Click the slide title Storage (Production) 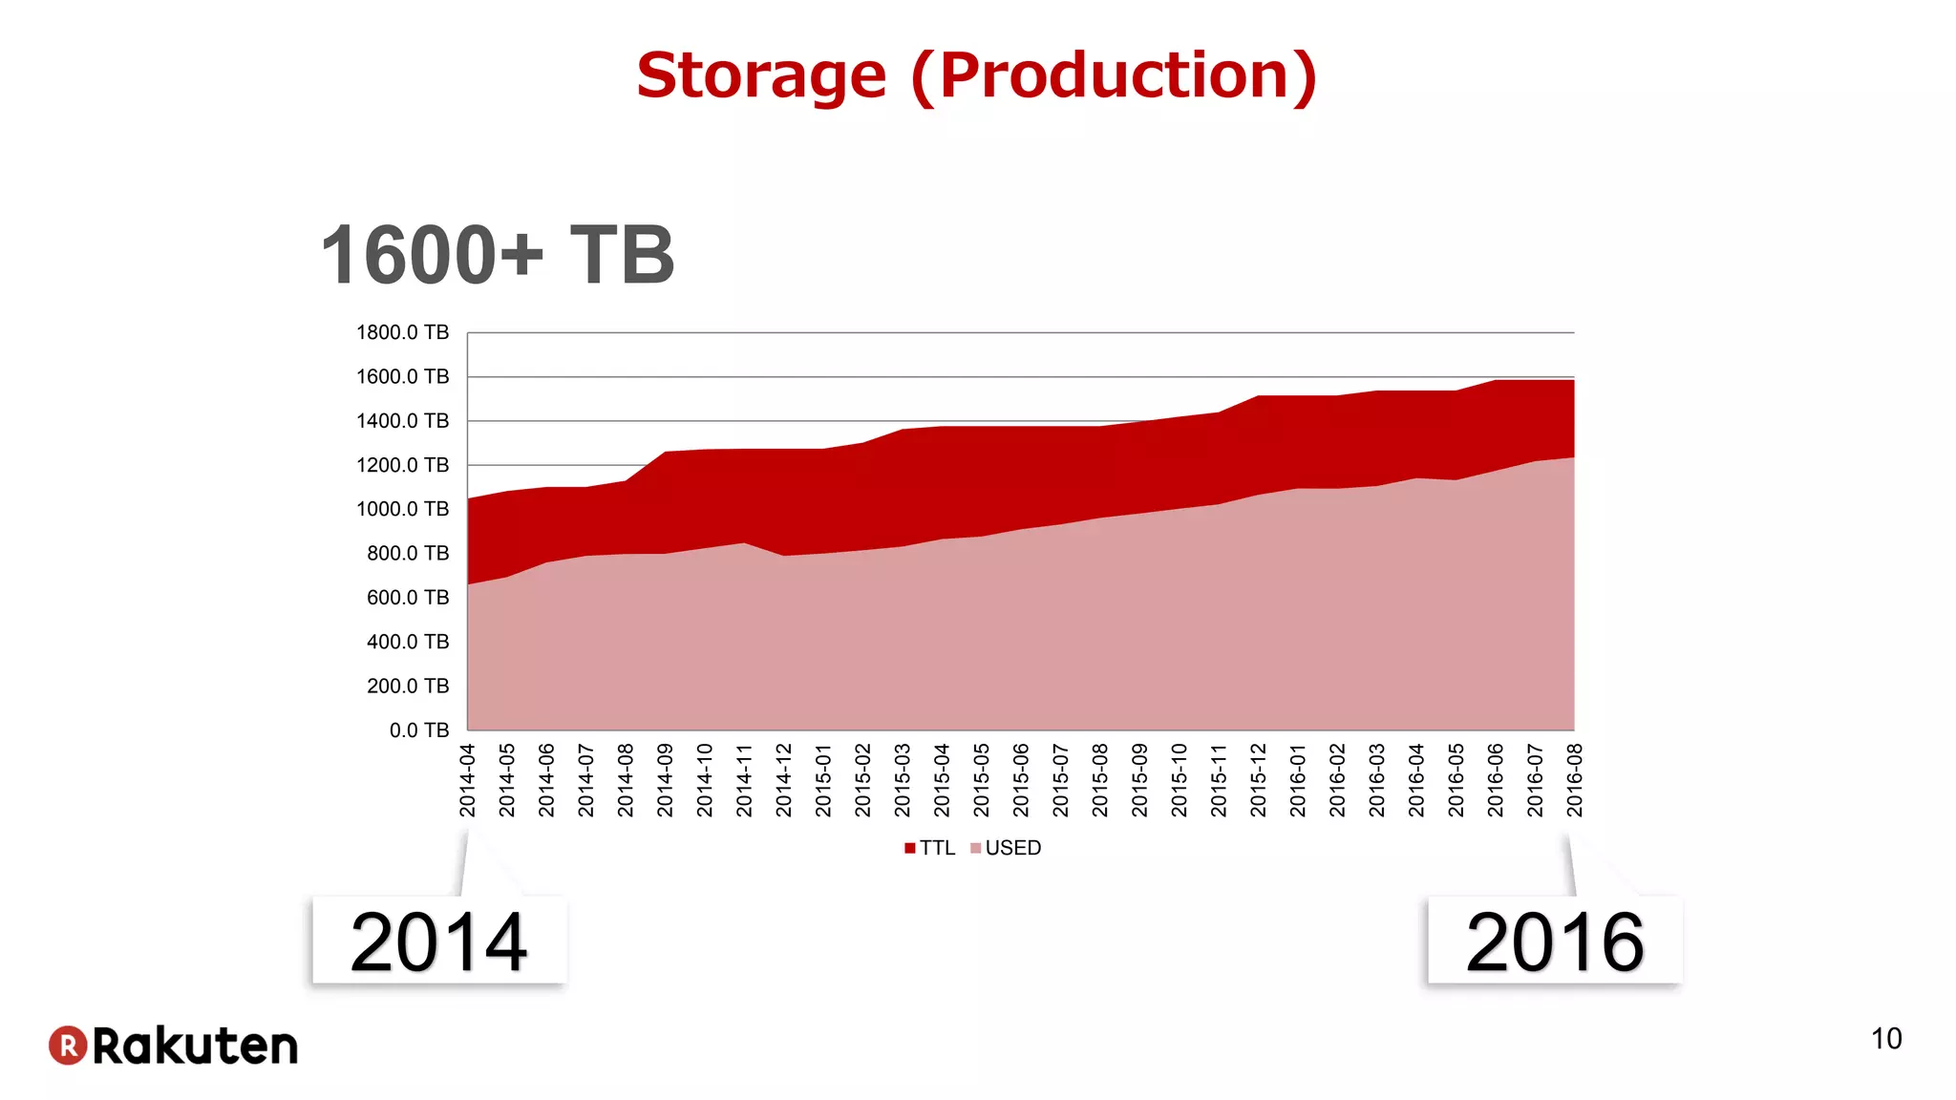click(976, 76)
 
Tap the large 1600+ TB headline click(498, 256)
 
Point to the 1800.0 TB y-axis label click(402, 332)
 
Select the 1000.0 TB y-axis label click(402, 509)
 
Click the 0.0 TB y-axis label click(418, 730)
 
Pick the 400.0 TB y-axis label click(407, 642)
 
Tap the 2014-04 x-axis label click(467, 781)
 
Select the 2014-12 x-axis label click(784, 781)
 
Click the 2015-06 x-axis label click(1021, 781)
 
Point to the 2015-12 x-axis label click(1258, 781)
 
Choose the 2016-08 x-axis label click(1575, 781)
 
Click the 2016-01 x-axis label click(1298, 781)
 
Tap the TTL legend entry click(930, 848)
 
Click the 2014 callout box click(439, 941)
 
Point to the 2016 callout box click(1555, 941)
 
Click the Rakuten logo click(174, 1046)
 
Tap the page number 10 click(1885, 1039)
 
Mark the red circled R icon click(68, 1046)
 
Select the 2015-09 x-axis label click(1139, 781)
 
